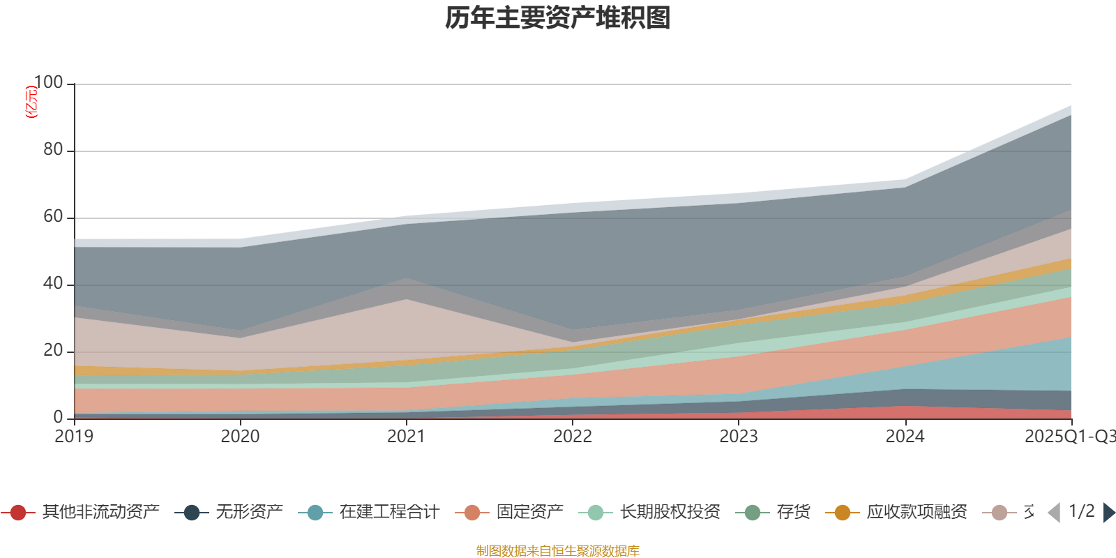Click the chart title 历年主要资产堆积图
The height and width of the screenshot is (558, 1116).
click(x=558, y=18)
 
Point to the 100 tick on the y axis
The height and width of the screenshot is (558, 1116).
click(x=48, y=83)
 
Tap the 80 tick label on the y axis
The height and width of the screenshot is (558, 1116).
click(x=53, y=150)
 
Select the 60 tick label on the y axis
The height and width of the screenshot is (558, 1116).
click(x=53, y=217)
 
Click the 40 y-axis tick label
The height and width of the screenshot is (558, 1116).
click(x=53, y=284)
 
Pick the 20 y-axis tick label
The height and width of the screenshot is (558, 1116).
click(x=53, y=351)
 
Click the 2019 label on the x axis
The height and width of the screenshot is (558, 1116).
click(x=74, y=437)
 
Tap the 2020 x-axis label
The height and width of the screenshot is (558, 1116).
click(x=240, y=437)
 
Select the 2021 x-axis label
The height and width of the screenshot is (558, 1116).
click(x=406, y=437)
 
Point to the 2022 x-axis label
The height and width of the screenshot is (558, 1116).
click(x=572, y=437)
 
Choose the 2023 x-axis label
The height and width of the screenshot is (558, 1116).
click(x=738, y=437)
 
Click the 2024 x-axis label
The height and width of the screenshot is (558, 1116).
click(x=905, y=437)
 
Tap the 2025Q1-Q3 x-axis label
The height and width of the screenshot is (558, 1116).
click(x=1069, y=437)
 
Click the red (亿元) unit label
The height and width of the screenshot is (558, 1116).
click(x=31, y=102)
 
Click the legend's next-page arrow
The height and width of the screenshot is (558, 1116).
click(x=1108, y=513)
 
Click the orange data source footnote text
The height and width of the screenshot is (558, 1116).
click(x=558, y=551)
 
